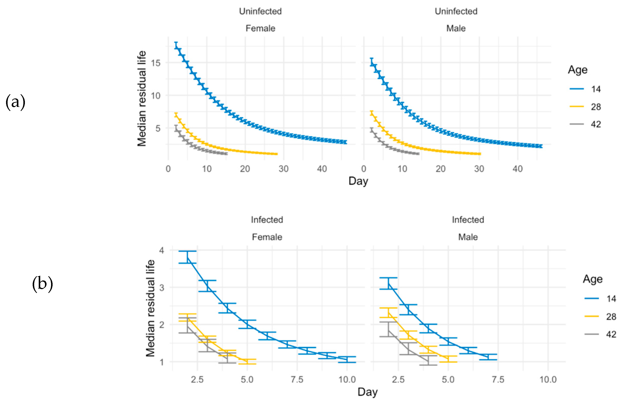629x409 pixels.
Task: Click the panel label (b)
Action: click(42, 284)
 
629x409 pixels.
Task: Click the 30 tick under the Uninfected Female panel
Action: click(284, 169)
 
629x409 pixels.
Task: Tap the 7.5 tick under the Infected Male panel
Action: click(498, 380)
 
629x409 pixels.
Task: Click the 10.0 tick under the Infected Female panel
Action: click(347, 380)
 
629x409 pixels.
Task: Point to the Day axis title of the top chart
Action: click(358, 181)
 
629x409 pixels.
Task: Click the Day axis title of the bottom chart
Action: click(367, 392)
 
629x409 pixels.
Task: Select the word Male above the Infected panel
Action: click(468, 237)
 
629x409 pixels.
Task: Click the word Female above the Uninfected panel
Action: click(260, 28)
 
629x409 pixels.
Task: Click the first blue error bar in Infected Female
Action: click(187, 257)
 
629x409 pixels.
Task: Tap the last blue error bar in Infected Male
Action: click(488, 357)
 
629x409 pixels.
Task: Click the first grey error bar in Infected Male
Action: click(388, 329)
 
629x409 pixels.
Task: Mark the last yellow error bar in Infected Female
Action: click(247, 361)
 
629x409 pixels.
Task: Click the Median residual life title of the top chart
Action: click(142, 98)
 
